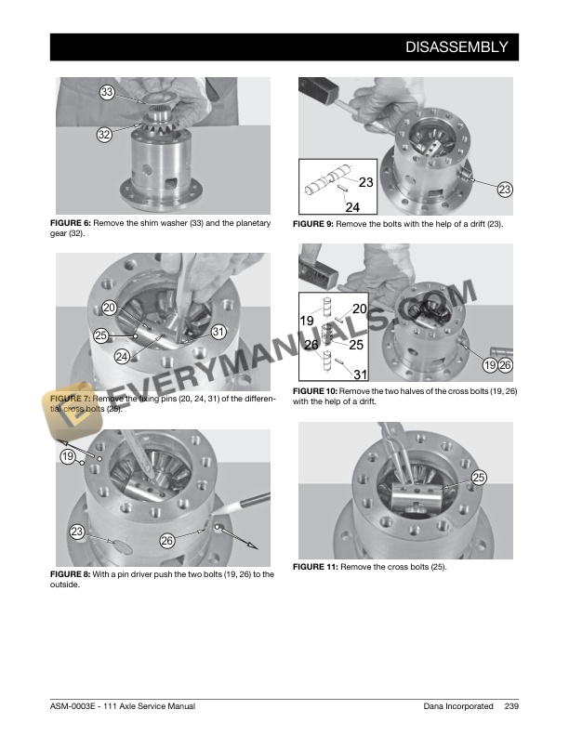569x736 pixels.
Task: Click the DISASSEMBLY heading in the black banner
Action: pyautogui.click(x=457, y=47)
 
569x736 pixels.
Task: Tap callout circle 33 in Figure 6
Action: pyautogui.click(x=107, y=92)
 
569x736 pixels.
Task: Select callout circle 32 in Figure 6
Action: pyautogui.click(x=104, y=135)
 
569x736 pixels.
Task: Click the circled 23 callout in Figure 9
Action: pyautogui.click(x=505, y=190)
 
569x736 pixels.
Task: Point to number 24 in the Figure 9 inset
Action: pyautogui.click(x=352, y=207)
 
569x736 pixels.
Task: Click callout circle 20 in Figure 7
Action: pyautogui.click(x=110, y=308)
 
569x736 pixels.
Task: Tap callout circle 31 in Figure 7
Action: pyautogui.click(x=218, y=332)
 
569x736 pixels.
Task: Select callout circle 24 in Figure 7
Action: pyautogui.click(x=122, y=357)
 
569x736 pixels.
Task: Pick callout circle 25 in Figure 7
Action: pyautogui.click(x=101, y=335)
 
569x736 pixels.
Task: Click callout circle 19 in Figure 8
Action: pyautogui.click(x=68, y=456)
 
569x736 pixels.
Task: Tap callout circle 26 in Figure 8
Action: pyautogui.click(x=167, y=541)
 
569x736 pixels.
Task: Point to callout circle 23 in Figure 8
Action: pyautogui.click(x=77, y=532)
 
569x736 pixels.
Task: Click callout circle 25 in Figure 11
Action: pyautogui.click(x=479, y=478)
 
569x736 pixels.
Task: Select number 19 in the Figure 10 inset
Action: pyautogui.click(x=307, y=321)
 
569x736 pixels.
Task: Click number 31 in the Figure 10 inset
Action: pyautogui.click(x=360, y=375)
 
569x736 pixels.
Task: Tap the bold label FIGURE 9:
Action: pyautogui.click(x=313, y=224)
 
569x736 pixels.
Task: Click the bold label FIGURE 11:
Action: pyautogui.click(x=315, y=567)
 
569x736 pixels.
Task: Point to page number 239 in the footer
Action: pyautogui.click(x=511, y=706)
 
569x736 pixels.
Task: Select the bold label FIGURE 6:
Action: pyautogui.click(x=71, y=223)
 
